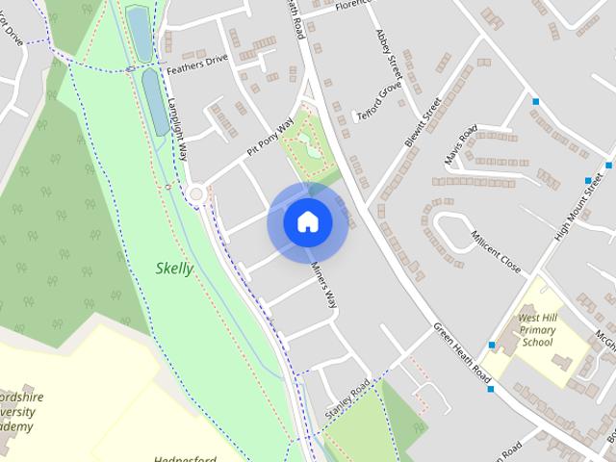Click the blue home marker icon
[x=307, y=222]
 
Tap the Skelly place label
[x=174, y=269]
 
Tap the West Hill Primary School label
[x=536, y=329]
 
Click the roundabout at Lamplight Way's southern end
[x=197, y=193]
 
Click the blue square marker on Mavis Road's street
[x=535, y=101]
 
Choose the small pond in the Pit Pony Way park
[x=305, y=144]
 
